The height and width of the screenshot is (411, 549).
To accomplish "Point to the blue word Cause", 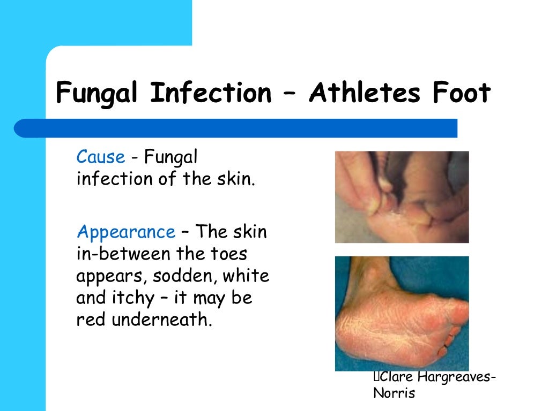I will tap(101, 157).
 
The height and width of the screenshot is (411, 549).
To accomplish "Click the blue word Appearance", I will tap(126, 233).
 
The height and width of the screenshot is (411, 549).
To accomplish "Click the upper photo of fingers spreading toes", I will tap(402, 196).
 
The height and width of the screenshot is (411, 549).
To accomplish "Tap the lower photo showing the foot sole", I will tap(402, 313).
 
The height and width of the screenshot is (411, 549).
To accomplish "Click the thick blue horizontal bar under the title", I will tap(236, 128).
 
